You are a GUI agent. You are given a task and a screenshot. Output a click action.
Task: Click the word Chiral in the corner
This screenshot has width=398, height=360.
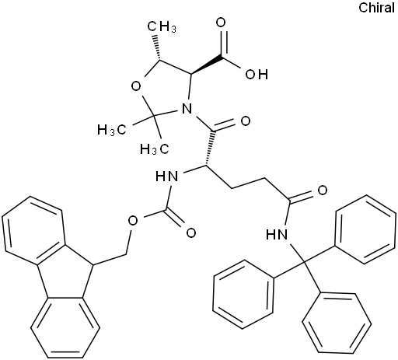[376, 8]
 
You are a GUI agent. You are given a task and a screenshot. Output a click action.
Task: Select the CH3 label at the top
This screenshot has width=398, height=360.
[162, 26]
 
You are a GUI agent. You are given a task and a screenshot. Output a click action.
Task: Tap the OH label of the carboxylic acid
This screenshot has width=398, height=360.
[257, 75]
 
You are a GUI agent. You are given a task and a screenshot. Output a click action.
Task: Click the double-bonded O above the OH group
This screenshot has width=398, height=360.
[221, 23]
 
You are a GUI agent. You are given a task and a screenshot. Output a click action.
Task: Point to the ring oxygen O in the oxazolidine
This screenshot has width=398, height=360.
[136, 86]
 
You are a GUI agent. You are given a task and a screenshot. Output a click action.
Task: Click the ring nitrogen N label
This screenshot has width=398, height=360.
[187, 109]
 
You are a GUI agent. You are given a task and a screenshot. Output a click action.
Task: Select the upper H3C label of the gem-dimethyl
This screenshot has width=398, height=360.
[112, 129]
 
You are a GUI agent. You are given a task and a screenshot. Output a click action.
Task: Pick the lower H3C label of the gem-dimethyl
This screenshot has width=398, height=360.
[155, 149]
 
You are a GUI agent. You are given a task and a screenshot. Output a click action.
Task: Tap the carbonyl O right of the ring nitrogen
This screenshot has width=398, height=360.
[246, 121]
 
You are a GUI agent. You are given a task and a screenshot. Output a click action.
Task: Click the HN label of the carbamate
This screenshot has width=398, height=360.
[167, 177]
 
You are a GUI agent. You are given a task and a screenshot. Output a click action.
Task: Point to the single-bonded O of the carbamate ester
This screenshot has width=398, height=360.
[133, 221]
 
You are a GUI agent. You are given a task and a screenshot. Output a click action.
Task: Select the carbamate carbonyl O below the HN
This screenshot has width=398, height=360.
[191, 232]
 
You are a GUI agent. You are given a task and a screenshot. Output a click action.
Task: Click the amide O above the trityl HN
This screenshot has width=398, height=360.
[323, 190]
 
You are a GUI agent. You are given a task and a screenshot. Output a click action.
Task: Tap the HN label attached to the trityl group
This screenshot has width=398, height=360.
[277, 235]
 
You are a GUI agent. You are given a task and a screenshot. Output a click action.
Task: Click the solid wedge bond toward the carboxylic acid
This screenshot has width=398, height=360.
[208, 65]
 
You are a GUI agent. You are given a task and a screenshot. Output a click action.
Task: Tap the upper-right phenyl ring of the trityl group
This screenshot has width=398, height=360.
[365, 229]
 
